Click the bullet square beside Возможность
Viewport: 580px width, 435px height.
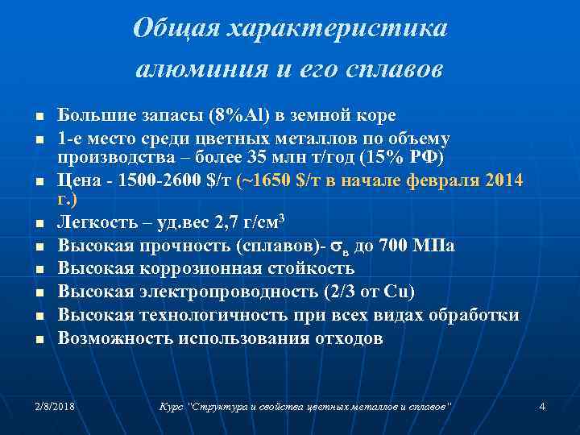(38, 339)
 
